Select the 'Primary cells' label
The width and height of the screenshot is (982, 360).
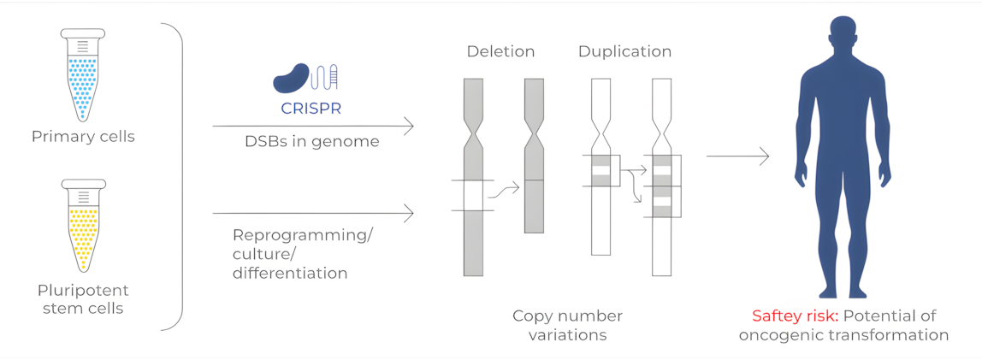(x=83, y=137)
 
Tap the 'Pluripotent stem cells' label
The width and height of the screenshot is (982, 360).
(x=83, y=298)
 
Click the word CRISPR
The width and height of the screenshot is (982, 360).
(x=311, y=109)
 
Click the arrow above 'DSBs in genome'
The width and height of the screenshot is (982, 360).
(x=312, y=127)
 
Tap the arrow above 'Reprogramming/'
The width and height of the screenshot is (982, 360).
(x=312, y=213)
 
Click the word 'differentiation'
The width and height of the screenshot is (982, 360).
(x=290, y=274)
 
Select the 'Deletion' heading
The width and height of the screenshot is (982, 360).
(x=500, y=52)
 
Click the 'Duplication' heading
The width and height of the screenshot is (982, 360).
(x=624, y=52)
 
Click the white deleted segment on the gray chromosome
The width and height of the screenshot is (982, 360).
(x=473, y=196)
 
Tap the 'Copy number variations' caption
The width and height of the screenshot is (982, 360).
(x=567, y=325)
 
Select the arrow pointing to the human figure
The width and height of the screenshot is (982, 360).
(x=737, y=156)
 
